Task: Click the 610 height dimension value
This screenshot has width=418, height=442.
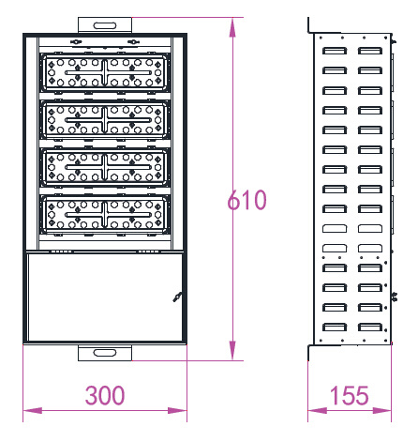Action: pos(246,200)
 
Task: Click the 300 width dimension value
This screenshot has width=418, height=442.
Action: pos(105,395)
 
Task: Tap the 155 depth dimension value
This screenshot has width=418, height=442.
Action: pos(350,395)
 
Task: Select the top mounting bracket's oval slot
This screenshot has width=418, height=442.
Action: pos(105,25)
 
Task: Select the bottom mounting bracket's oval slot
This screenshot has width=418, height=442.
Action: pos(105,353)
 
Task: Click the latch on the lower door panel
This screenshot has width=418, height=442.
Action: pos(177,297)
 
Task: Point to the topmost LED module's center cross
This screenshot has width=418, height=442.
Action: pos(105,72)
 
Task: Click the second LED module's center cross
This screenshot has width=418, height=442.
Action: pos(105,120)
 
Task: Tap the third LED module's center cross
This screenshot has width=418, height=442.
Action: pos(105,167)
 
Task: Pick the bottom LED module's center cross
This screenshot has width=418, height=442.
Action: pos(105,215)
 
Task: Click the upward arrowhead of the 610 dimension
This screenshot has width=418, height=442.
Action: pos(232,27)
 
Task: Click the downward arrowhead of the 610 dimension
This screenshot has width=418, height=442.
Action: pos(232,351)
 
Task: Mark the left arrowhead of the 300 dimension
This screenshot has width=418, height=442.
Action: pos(33,410)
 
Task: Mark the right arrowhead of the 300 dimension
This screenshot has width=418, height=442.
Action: pos(177,410)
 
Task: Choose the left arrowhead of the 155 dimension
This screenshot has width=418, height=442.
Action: pos(318,410)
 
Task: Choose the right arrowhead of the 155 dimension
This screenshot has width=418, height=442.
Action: pos(381,410)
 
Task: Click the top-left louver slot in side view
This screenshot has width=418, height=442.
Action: pos(335,51)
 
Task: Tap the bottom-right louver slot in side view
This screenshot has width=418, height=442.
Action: pos(370,328)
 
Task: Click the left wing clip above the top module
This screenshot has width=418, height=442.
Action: pos(76,42)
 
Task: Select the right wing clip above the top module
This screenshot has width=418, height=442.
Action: pos(133,42)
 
